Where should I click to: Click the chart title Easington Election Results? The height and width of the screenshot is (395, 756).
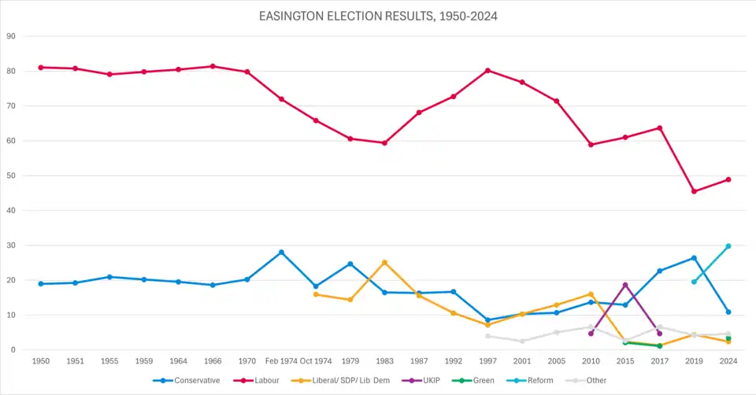point(377,16)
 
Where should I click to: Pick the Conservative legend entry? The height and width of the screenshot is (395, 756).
point(193,381)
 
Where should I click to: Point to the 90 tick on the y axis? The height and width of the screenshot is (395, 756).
point(11,36)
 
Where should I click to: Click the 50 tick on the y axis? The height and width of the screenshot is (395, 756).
point(11,175)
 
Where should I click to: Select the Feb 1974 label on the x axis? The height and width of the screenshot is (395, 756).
point(281,361)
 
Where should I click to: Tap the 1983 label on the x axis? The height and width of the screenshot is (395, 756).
point(384,361)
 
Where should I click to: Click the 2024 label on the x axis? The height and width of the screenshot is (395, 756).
point(728,361)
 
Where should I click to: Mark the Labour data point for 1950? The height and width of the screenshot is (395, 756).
point(41,68)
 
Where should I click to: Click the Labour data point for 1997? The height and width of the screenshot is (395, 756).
point(487,71)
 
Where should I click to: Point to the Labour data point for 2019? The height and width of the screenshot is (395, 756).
point(694,191)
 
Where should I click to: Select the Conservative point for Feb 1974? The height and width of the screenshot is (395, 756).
point(281,253)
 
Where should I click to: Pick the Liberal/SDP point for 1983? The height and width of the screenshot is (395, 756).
point(384,262)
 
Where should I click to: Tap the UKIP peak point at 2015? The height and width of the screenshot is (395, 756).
point(625,285)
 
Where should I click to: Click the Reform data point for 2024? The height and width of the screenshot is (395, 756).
point(728,246)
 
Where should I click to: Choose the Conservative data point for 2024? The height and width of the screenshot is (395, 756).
point(728,312)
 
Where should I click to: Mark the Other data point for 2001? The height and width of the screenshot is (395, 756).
point(522,341)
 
